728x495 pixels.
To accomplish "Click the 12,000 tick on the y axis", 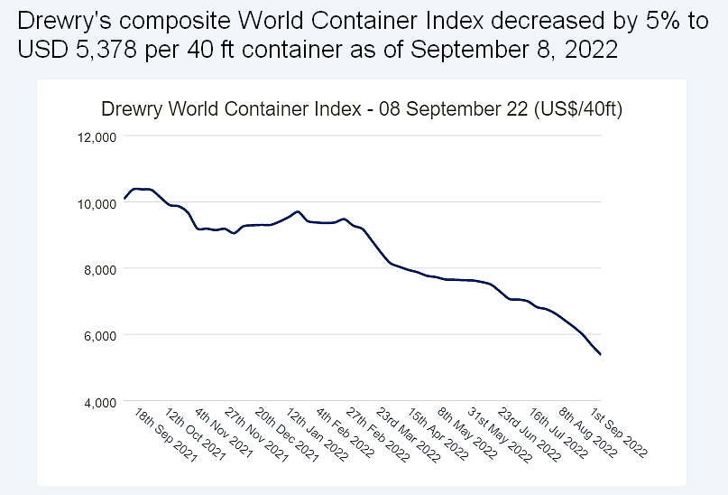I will [x=93, y=136].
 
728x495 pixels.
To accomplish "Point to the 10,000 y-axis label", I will [x=93, y=203].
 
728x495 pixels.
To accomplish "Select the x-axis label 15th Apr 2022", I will [x=438, y=435].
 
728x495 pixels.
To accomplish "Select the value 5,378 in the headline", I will [x=83, y=49].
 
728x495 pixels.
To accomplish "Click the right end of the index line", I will [x=601, y=355].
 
